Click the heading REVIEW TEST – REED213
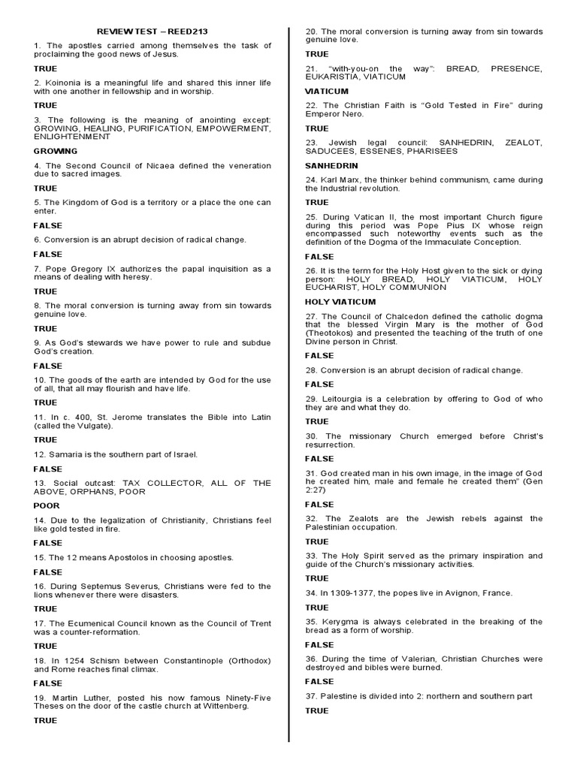pyautogui.click(x=153, y=32)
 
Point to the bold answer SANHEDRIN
pyautogui.click(x=331, y=165)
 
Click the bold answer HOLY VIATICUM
pyautogui.click(x=339, y=302)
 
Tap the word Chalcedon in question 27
pyautogui.click(x=397, y=317)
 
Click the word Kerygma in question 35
pyautogui.click(x=340, y=622)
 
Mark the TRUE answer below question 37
pyautogui.click(x=316, y=710)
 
